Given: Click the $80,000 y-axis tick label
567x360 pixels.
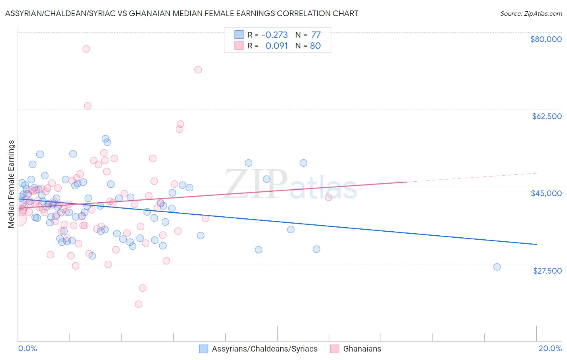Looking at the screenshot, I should tap(546, 39).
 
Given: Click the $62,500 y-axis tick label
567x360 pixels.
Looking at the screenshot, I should tap(546, 116).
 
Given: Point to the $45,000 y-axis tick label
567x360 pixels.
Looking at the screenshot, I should tap(546, 193).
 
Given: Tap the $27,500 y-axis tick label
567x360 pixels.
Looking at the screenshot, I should tap(547, 271).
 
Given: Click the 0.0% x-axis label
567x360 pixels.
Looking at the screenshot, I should tap(28, 348).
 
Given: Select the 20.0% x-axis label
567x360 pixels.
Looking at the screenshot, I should tap(550, 348).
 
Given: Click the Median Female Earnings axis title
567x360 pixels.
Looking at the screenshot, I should tap(11, 184).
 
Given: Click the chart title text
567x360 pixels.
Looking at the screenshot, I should tap(181, 13).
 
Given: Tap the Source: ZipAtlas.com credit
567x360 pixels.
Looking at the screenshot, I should tap(531, 13).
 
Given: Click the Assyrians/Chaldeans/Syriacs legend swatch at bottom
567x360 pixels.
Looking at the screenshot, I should tap(204, 349).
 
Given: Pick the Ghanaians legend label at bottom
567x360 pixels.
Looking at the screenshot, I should tap(362, 349).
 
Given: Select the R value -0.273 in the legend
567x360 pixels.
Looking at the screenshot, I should tap(275, 35).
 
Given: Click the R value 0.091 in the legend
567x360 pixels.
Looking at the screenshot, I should tap(277, 46).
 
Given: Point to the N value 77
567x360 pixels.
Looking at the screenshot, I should tap(316, 35).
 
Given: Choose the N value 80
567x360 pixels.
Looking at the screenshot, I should tap(315, 46).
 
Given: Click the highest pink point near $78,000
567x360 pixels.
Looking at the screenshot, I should tap(86, 49).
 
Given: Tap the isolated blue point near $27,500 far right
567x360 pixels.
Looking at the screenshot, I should tap(497, 267).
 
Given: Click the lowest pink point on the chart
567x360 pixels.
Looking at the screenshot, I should tap(138, 304).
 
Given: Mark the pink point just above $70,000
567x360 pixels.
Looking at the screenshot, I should tap(198, 69).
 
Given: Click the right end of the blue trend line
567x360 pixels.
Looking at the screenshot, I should tap(536, 244).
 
